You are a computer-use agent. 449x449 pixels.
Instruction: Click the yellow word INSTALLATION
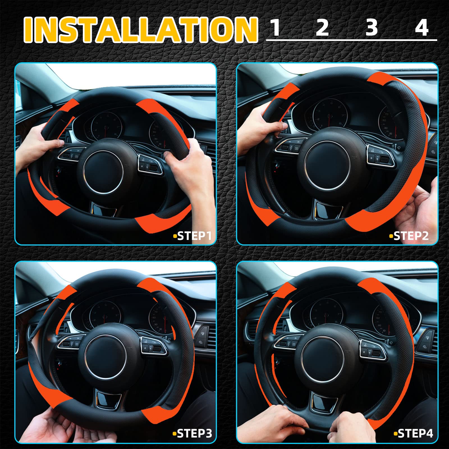point(140,29)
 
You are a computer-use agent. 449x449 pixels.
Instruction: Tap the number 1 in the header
point(276,28)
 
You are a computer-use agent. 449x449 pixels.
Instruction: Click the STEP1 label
point(194,236)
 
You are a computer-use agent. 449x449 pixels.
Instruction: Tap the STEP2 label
point(410,236)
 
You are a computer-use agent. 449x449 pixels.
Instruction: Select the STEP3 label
point(194,434)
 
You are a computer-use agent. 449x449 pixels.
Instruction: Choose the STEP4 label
point(415,434)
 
